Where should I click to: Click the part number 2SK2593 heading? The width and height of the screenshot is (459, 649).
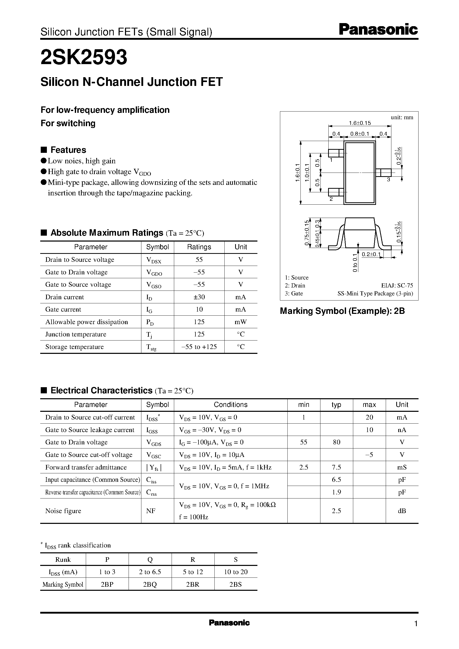(84, 57)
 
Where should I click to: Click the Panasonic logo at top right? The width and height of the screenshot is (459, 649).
(378, 30)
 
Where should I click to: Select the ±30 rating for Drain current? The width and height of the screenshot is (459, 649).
(199, 297)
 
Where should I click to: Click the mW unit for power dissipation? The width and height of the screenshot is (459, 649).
(241, 322)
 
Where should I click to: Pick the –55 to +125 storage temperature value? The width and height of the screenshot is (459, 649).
(199, 347)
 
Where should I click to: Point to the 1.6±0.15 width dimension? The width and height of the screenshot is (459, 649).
(360, 123)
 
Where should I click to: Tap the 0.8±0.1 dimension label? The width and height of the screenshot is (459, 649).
(360, 134)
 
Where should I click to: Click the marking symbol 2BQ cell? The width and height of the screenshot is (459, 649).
(150, 584)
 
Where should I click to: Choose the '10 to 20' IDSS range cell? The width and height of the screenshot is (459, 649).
(236, 572)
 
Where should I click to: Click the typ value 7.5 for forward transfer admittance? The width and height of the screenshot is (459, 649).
(336, 467)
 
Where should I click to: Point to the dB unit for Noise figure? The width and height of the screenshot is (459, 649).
(402, 511)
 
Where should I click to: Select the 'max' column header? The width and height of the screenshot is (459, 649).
(369, 405)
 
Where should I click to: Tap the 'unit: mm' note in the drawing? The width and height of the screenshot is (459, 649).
(402, 117)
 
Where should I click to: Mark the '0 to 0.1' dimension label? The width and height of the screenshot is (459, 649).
(355, 263)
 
